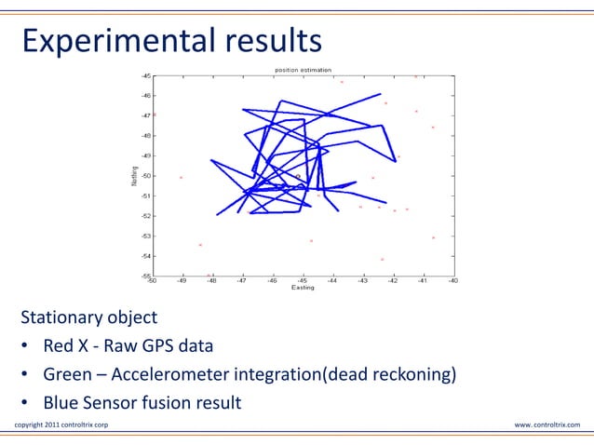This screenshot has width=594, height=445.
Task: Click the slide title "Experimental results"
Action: tap(171, 40)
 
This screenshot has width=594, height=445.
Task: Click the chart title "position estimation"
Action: tap(303, 71)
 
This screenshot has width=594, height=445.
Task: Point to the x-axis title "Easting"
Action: tap(303, 288)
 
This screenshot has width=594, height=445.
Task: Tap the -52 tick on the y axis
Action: tap(146, 216)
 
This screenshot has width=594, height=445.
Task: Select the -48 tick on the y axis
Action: tap(146, 136)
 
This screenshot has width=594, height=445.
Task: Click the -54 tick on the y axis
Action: tap(146, 256)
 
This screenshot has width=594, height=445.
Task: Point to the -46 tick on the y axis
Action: tap(146, 96)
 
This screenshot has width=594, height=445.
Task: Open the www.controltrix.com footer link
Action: tap(547, 425)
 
